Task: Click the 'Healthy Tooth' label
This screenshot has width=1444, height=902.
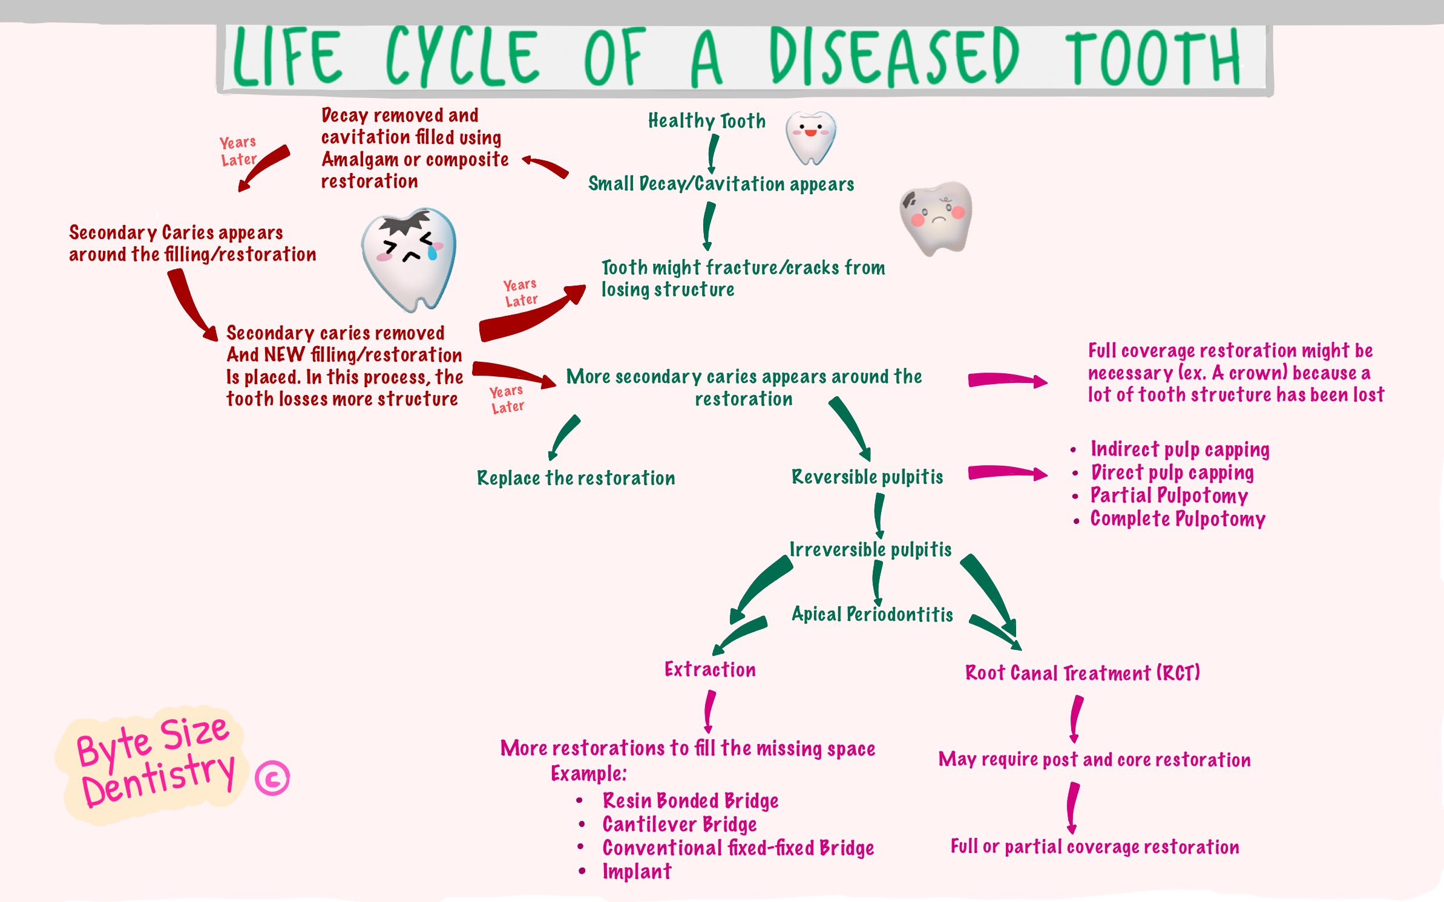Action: pos(706,121)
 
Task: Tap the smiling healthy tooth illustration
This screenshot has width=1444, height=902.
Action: pos(810,137)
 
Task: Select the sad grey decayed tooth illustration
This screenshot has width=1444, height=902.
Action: pos(936,217)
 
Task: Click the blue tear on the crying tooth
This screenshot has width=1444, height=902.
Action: pos(432,252)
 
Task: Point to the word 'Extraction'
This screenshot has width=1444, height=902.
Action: pos(710,670)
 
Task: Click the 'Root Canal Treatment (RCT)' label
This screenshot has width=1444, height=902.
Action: pos(1082,673)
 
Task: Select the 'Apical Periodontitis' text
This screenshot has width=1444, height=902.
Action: pos(872,615)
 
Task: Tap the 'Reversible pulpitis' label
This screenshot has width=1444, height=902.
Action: pos(867,477)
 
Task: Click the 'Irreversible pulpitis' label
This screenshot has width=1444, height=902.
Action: pos(870,549)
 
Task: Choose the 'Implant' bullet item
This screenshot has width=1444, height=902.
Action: pos(637,872)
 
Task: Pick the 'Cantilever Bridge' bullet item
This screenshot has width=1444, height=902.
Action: pos(679,825)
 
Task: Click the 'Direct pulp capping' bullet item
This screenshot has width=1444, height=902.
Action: pos(1172,472)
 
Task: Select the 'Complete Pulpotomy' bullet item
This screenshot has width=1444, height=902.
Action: pos(1177,519)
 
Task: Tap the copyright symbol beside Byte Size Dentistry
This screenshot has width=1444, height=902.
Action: pos(272,778)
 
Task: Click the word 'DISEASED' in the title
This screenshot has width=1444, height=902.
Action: pos(894,57)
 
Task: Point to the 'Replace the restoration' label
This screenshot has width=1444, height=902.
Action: pos(576,479)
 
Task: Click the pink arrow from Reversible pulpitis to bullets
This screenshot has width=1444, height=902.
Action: pos(1006,472)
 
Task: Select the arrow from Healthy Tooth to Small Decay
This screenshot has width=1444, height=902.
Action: pos(713,153)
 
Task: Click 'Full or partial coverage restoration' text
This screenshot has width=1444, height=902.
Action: pos(1094,847)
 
